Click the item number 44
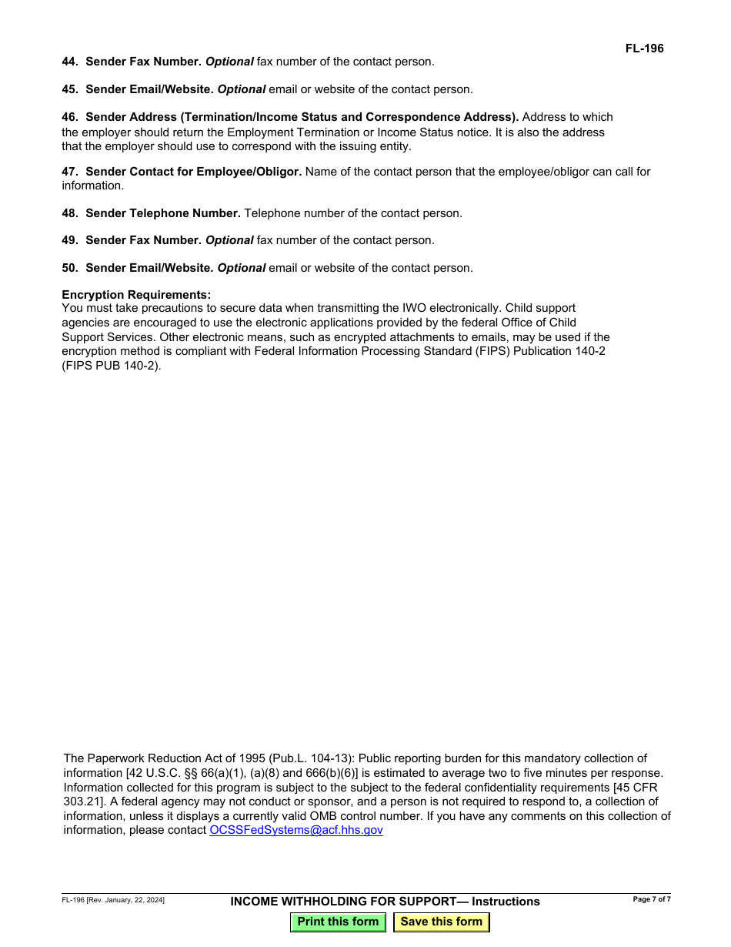point(70,62)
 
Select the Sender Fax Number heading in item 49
point(143,240)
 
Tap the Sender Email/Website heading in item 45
point(149,89)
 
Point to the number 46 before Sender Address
point(70,117)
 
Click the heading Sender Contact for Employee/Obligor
point(193,172)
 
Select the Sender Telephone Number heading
point(163,213)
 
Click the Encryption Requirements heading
point(136,295)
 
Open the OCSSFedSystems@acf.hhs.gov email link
point(296,830)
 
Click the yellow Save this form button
point(441,922)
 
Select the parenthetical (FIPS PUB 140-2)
point(112,366)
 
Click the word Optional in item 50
point(242,268)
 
